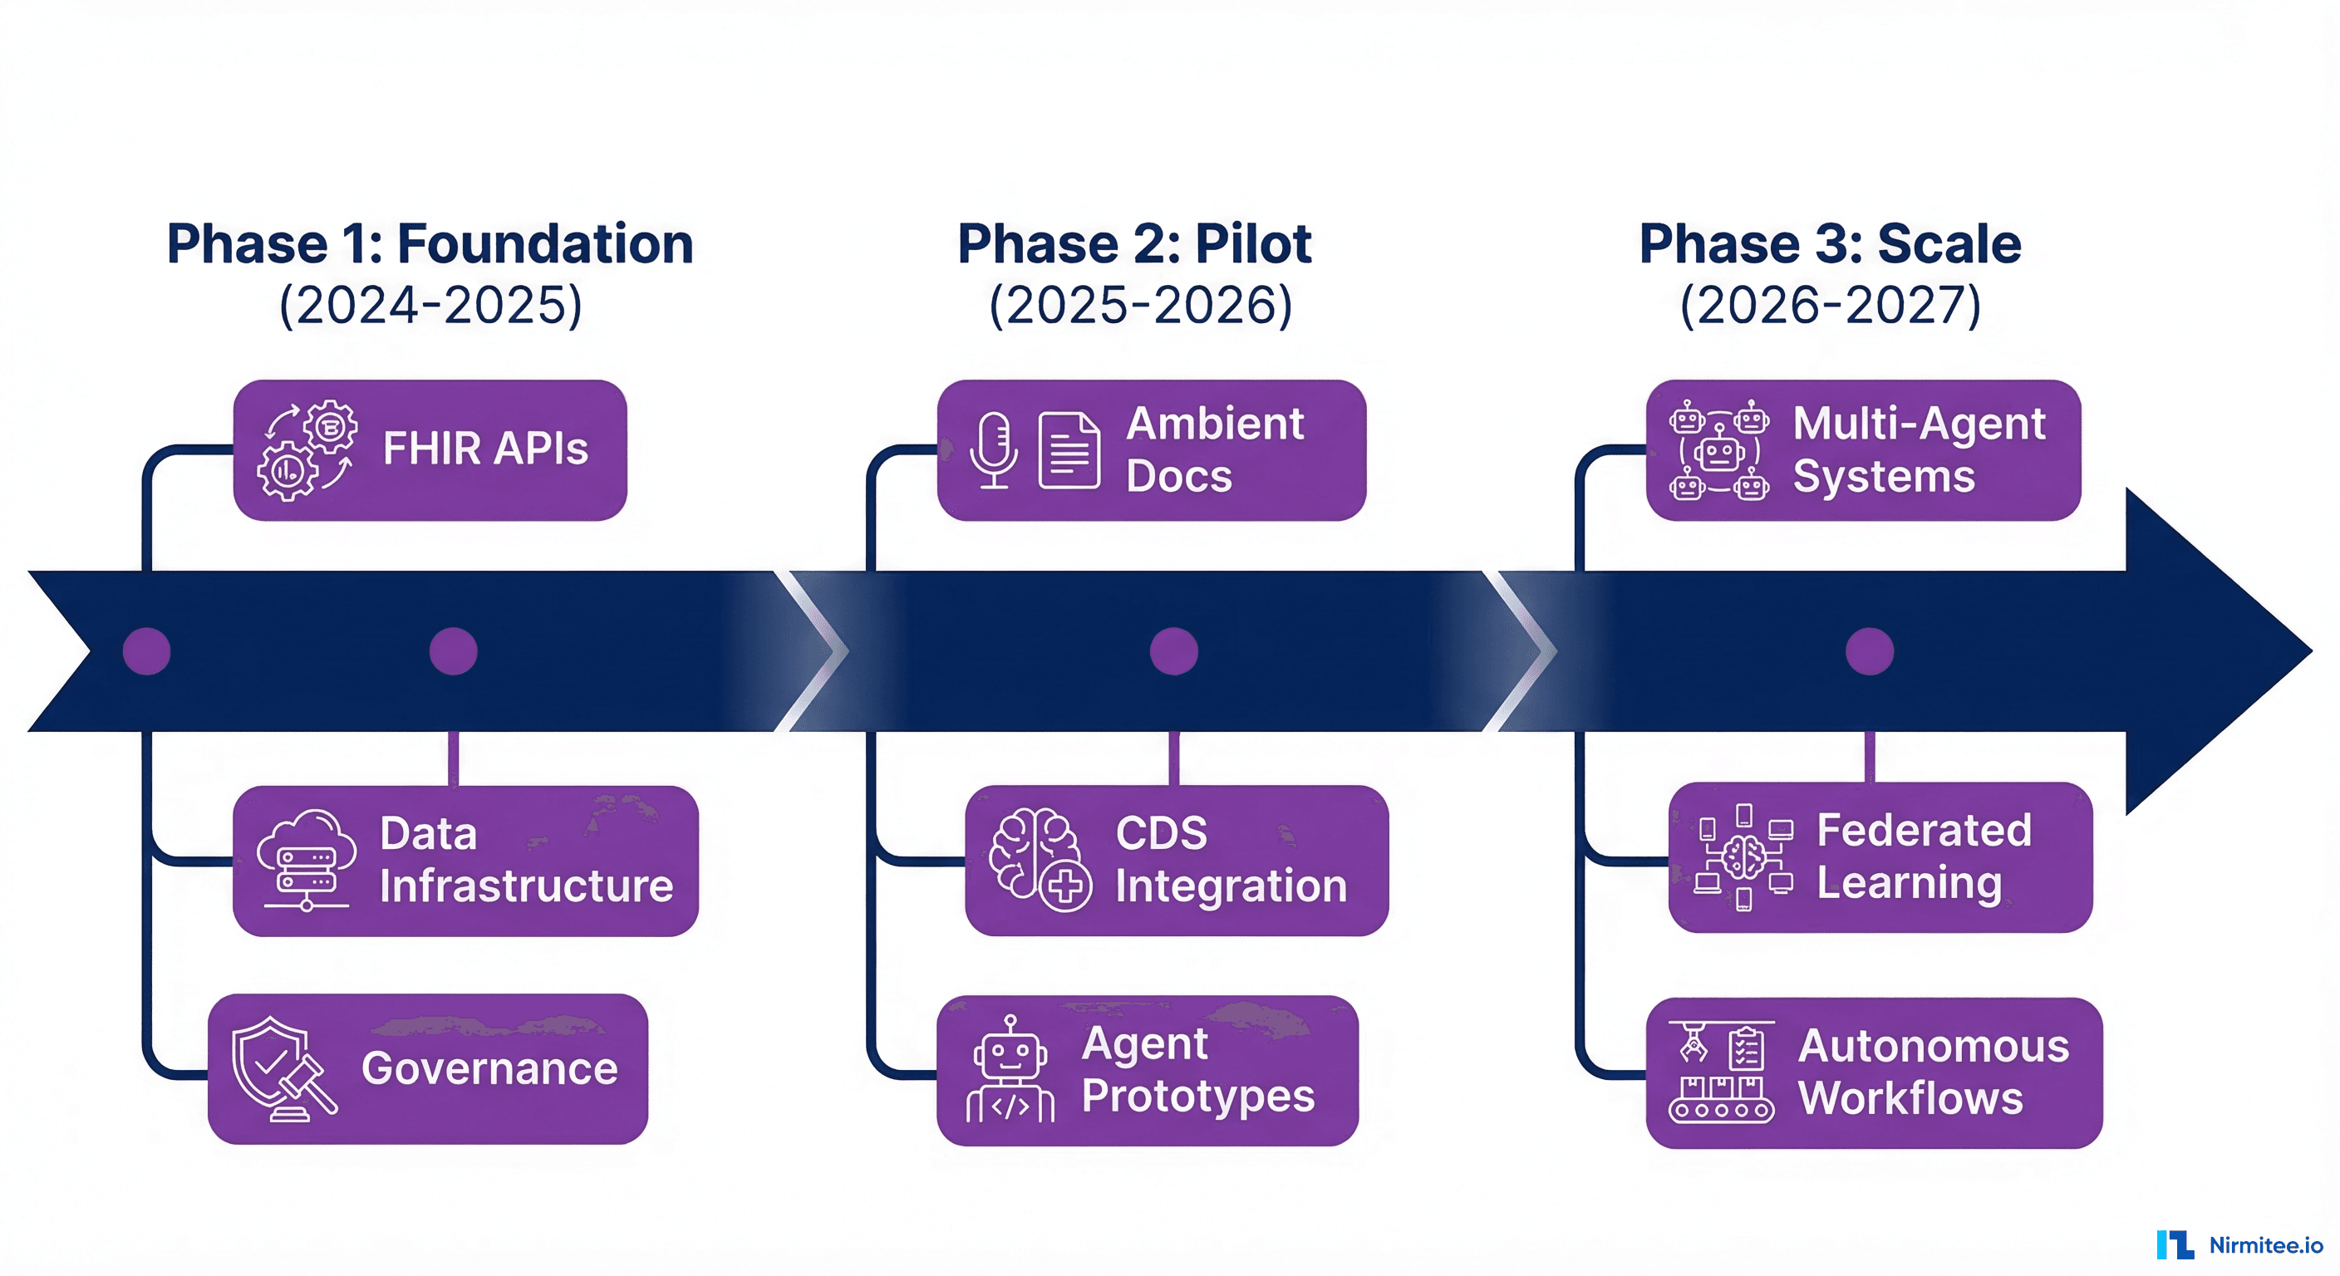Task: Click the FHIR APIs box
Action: pos(430,449)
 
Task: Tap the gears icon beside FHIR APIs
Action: pos(306,449)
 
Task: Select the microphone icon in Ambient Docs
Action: pos(994,449)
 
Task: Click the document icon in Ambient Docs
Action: pos(1069,450)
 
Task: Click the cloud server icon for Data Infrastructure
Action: pos(305,859)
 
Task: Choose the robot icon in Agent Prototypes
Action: pos(1010,1071)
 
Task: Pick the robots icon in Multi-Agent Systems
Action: pos(1718,450)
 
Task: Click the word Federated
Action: pos(1923,830)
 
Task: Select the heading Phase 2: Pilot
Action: pos(1133,244)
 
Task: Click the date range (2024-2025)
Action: pos(430,305)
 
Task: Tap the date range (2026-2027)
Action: pos(1830,305)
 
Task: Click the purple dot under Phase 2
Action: pos(1173,651)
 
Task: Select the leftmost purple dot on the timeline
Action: pos(146,651)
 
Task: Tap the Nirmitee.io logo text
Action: pos(2265,1245)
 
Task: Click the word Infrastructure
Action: pos(526,886)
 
